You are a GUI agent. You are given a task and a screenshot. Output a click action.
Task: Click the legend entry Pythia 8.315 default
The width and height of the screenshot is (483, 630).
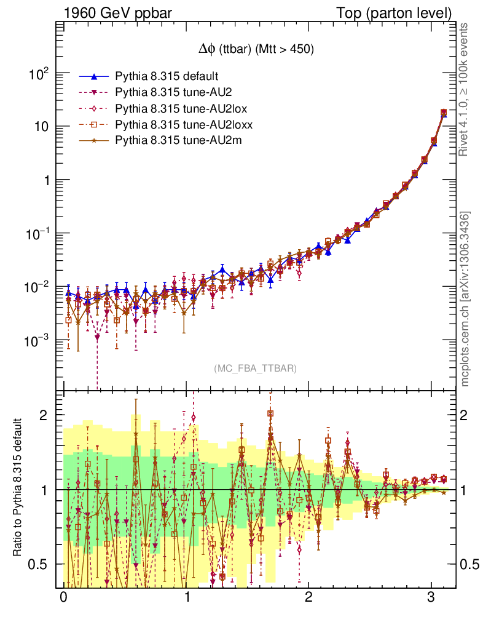coord(167,76)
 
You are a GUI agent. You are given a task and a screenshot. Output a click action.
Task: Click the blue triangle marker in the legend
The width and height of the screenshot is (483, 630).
coord(93,76)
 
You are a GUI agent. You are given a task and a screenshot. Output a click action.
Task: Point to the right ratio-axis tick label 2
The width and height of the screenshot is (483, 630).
coord(465,415)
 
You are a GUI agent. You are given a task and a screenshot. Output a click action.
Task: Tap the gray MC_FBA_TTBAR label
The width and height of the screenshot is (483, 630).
coord(256,368)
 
